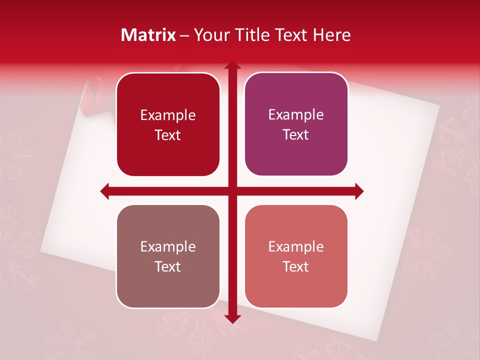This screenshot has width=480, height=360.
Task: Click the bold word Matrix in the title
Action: tap(148, 35)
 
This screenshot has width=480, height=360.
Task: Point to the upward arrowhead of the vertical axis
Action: tap(232, 65)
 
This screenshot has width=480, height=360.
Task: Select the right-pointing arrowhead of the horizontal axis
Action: tap(359, 191)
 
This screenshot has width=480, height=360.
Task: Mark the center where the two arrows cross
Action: tap(232, 191)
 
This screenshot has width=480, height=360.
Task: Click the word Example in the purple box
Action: tap(296, 115)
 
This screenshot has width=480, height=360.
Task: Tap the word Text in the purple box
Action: tap(296, 135)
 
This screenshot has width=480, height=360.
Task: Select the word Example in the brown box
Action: tap(168, 246)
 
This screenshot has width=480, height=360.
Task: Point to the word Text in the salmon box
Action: tap(296, 266)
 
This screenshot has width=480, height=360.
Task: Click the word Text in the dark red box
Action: tap(168, 135)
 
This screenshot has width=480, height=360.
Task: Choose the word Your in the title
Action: tap(209, 35)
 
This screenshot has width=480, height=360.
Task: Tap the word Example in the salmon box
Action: tap(296, 246)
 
